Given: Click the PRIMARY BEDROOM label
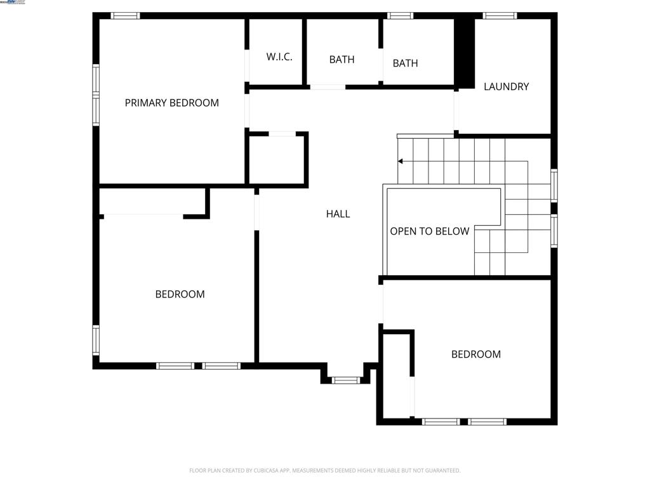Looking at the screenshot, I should (x=171, y=103).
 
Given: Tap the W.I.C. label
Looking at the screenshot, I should (x=279, y=57).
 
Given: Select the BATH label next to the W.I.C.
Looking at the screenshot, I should (x=342, y=60).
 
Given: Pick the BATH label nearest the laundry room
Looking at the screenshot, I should (x=405, y=63).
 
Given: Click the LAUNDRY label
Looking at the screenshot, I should (x=506, y=87).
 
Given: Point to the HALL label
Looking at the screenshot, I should (x=338, y=214).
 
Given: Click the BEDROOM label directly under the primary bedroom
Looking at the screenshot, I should (x=180, y=294).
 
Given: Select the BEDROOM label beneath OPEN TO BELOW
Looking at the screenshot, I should (x=475, y=354).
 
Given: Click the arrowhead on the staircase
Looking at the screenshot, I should (x=401, y=162).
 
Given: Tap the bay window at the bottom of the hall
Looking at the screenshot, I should (x=346, y=380).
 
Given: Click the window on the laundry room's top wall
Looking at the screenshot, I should (x=500, y=16).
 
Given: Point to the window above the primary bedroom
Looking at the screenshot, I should (x=125, y=16).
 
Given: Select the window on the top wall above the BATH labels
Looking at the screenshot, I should (x=400, y=16).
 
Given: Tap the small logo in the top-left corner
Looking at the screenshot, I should (x=13, y=3).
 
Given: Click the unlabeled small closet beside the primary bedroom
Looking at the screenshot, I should (x=277, y=159).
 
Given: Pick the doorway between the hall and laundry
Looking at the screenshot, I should (x=456, y=110).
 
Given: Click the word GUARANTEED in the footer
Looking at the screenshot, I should (x=444, y=471).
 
